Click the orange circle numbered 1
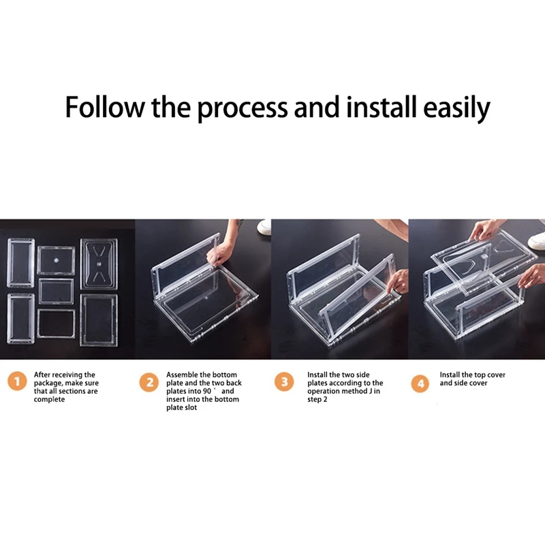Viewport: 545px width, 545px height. [17, 381]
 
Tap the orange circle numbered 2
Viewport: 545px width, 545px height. [149, 382]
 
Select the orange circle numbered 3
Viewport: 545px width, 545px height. [284, 381]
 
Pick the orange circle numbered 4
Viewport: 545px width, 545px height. [420, 384]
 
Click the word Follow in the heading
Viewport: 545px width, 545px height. [104, 107]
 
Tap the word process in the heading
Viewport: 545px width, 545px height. [243, 109]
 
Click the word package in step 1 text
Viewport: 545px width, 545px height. [48, 384]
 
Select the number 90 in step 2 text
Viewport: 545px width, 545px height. [207, 391]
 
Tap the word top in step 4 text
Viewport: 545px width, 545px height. [480, 375]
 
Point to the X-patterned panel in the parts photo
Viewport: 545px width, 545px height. [99, 264]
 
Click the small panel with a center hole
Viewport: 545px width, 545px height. [57, 260]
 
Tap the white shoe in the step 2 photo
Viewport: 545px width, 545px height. [264, 226]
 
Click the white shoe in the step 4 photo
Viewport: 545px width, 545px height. [536, 240]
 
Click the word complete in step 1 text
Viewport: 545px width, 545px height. [49, 399]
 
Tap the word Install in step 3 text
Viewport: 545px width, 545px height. [317, 375]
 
